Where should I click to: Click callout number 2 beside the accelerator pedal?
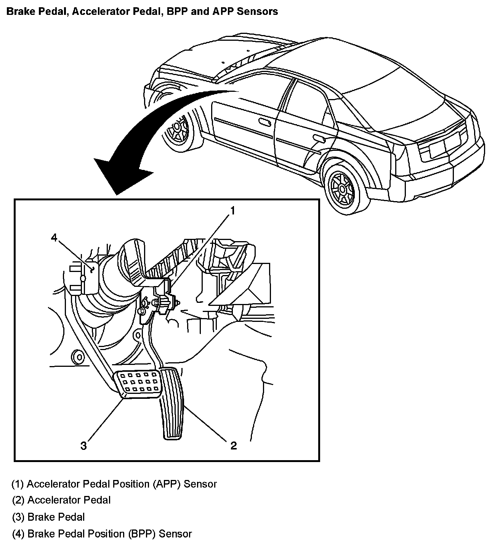click(233, 445)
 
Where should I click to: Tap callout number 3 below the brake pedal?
click(83, 445)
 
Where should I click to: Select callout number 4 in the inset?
click(54, 238)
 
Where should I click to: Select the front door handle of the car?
click(263, 122)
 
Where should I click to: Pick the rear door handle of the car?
click(317, 138)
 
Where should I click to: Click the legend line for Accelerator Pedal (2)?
click(61, 500)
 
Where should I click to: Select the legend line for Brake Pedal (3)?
click(48, 517)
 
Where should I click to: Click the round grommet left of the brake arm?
click(79, 357)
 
